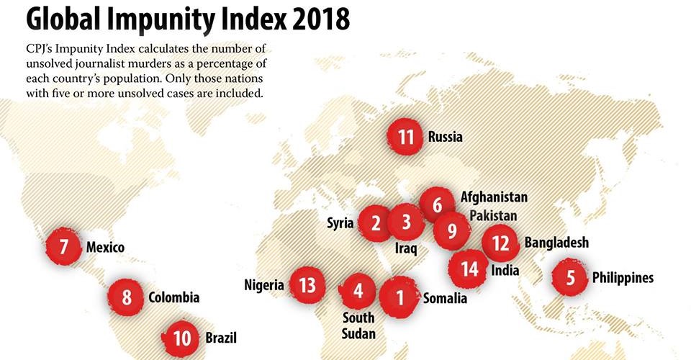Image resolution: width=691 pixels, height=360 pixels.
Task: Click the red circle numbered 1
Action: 400,297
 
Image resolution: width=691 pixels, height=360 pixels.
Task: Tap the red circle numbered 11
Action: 406,136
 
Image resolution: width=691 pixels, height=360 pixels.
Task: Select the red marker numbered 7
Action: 64,247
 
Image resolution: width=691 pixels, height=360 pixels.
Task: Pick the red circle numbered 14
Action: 469,269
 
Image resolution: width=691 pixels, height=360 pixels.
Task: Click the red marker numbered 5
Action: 571,277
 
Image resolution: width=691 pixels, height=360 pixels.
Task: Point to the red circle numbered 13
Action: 308,284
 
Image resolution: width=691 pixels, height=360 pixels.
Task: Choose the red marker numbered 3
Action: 406,222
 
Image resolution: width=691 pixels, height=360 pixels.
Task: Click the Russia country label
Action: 445,136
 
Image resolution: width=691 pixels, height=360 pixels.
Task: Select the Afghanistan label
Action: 494,197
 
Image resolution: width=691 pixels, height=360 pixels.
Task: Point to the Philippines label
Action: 623,277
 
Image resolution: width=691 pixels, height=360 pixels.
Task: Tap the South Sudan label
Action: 358,325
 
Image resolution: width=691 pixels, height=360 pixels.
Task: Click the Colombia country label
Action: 173,297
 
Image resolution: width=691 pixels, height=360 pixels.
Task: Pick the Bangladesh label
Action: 556,242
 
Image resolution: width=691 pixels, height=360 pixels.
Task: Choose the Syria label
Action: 340,223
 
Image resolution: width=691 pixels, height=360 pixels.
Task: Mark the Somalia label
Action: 445,298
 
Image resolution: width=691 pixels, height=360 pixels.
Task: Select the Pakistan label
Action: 493,215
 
